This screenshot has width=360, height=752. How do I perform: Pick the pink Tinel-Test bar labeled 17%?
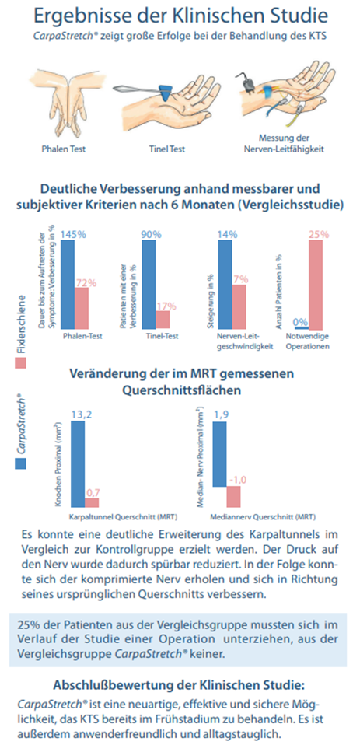pyautogui.click(x=163, y=319)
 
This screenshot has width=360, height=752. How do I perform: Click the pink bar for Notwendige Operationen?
pyautogui.click(x=315, y=285)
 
